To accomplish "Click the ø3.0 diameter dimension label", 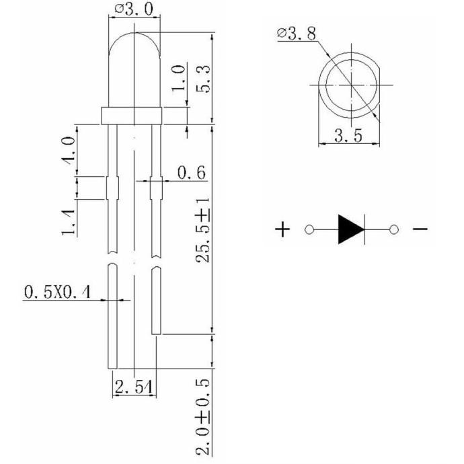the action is [x=134, y=9].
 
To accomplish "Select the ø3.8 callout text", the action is [x=297, y=33].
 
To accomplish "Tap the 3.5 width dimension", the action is [x=348, y=136].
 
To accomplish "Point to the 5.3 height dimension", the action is [x=203, y=79].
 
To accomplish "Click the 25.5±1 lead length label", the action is [x=202, y=230].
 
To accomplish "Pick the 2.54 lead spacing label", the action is [x=134, y=387].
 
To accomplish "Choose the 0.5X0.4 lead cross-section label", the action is [x=57, y=292].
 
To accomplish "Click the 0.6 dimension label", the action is [x=191, y=173].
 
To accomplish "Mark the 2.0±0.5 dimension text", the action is [x=203, y=417].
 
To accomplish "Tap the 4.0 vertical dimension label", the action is [x=69, y=151].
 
